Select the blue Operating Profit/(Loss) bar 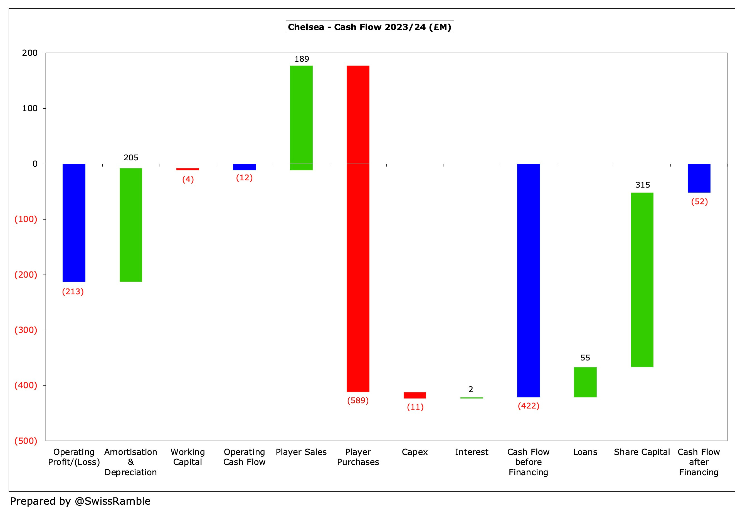74,223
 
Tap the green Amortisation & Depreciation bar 131,225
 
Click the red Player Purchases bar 358,229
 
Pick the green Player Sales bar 301,118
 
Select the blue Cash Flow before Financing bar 528,280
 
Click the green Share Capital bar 642,280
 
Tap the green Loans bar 585,382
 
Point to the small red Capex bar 415,395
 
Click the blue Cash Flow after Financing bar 699,178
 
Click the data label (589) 358,400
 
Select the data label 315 642,185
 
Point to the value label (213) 73,292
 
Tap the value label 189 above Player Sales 302,59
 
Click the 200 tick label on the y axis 30,53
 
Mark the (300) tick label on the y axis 26,330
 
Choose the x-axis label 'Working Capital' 188,457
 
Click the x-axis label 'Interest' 472,452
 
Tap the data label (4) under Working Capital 188,179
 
